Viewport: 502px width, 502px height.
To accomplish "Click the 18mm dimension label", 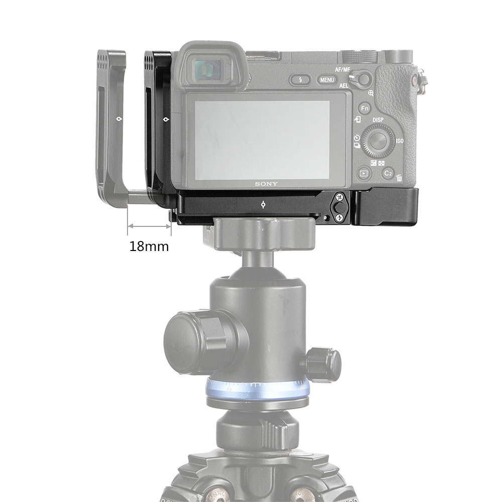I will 149,246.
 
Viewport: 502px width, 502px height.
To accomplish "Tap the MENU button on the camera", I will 327,80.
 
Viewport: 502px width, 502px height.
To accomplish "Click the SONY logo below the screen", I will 266,184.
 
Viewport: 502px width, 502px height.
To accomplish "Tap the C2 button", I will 388,173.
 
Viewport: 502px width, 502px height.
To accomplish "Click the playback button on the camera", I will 363,174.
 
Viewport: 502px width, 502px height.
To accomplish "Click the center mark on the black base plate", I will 264,205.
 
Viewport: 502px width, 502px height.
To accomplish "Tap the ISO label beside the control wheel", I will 400,142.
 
